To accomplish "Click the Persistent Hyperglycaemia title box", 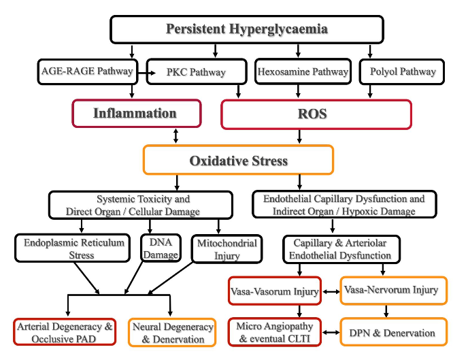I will click(248, 29).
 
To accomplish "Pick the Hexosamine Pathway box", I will click(302, 71).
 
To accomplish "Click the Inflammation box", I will click(137, 114).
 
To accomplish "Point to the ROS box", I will click(316, 114).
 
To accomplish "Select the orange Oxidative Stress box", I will click(238, 161).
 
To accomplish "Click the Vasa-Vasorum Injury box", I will click(274, 291).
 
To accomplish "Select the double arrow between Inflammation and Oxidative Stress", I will click(177, 135).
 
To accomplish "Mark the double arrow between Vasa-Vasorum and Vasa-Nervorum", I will click(331, 292).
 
